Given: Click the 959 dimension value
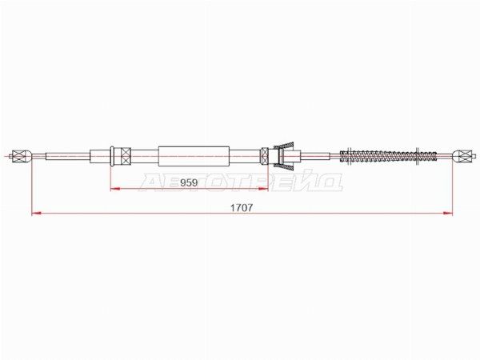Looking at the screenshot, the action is coord(189,182).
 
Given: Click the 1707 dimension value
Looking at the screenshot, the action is coord(242,208).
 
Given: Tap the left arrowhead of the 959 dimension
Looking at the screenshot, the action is coord(114,189).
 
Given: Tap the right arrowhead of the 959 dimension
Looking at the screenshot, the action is coord(264,189).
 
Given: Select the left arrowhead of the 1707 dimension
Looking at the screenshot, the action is coord(37,213).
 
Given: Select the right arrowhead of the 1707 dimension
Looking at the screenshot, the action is coord(448,213).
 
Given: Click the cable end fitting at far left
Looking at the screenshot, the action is coord(22,156).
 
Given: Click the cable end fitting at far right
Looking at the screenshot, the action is coord(462,156).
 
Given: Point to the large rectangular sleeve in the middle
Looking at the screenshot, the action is coord(194,156).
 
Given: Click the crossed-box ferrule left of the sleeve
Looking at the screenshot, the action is coord(126,156).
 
